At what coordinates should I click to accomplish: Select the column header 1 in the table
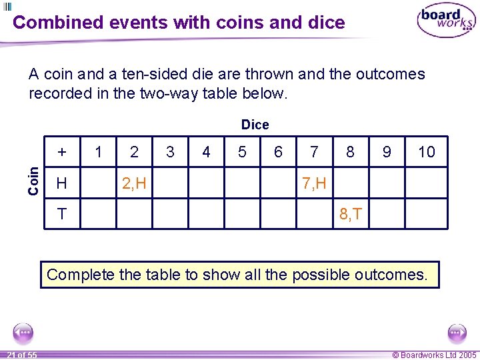[99, 152]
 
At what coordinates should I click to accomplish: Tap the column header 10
[426, 152]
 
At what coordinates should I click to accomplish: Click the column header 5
[242, 152]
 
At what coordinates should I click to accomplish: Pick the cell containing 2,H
[135, 183]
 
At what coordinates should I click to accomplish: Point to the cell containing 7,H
[314, 183]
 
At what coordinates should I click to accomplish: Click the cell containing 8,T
[351, 214]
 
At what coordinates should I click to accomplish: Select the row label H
[62, 183]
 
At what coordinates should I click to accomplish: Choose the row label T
[62, 214]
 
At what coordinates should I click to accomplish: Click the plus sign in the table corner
[62, 152]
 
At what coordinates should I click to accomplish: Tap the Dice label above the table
[255, 125]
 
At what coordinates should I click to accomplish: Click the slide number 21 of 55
[22, 355]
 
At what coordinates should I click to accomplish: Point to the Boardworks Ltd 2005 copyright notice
[434, 355]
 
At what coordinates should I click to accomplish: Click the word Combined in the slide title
[58, 22]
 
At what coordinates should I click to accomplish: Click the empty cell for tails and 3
[170, 214]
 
